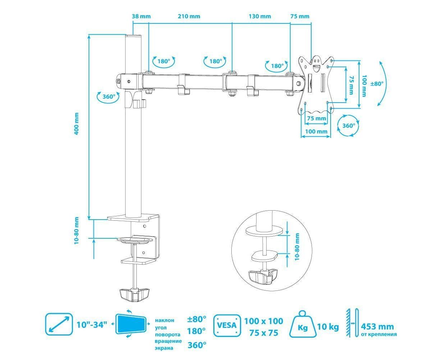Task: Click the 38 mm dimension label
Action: [x=141, y=16]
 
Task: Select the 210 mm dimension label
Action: [x=189, y=16]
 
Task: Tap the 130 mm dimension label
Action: [x=259, y=16]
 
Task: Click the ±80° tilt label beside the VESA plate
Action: [x=377, y=83]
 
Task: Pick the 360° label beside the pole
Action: [x=108, y=96]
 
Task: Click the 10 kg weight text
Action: [x=328, y=327]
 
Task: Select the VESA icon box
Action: [x=227, y=325]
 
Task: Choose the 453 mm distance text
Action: [x=377, y=327]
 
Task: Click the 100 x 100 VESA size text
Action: [x=264, y=321]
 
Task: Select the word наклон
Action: [x=164, y=320]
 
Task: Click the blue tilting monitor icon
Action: [x=131, y=324]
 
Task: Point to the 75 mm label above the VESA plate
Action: [x=299, y=16]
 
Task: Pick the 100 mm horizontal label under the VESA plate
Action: [x=316, y=131]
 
